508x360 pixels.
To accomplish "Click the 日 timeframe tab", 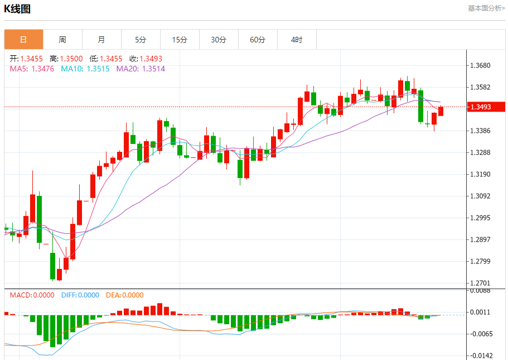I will [23, 40].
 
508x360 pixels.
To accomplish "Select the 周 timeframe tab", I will [62, 40].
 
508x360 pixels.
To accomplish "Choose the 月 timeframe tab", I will [101, 40].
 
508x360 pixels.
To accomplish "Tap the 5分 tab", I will [141, 40].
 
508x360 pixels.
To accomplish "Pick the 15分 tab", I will [180, 40].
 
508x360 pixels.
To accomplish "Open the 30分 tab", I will [219, 40].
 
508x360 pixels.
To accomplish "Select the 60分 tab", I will [258, 40].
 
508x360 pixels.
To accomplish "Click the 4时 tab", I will [297, 40].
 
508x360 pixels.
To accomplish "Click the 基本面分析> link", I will [486, 8].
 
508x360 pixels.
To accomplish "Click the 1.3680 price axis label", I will [480, 65].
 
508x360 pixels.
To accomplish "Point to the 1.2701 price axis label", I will [480, 283].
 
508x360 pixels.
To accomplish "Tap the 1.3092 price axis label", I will [480, 196].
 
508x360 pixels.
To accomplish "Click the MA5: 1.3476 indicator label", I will [32, 69].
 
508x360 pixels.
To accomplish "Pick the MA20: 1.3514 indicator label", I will [141, 69].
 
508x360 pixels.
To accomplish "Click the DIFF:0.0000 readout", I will [80, 295].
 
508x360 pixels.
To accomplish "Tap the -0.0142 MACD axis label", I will [480, 356].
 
